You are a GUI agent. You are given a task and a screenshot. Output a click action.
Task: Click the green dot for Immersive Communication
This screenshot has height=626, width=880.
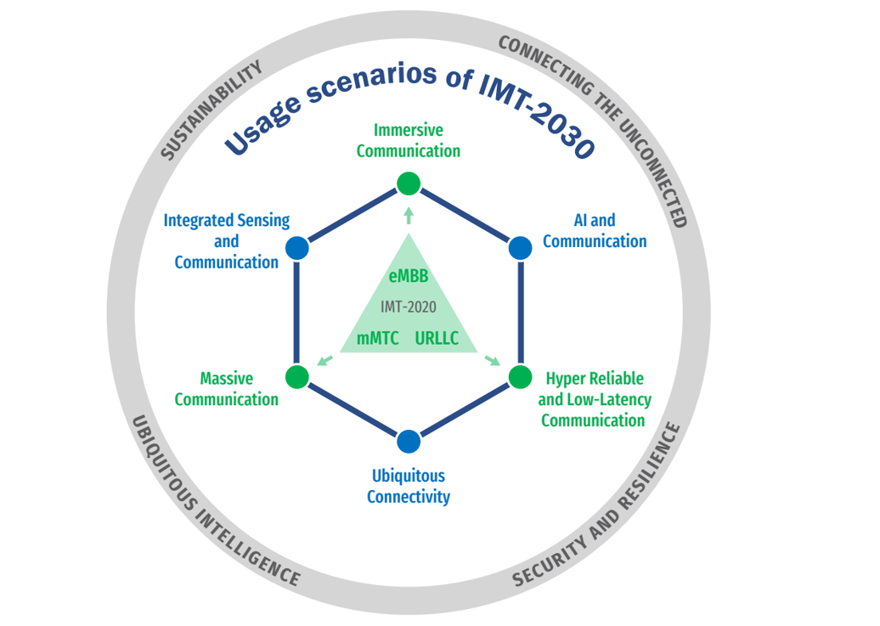click(x=409, y=183)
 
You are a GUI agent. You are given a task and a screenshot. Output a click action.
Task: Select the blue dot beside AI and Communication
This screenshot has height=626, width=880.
click(x=520, y=248)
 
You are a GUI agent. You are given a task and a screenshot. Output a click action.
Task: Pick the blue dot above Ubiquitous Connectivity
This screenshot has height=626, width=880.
click(x=409, y=442)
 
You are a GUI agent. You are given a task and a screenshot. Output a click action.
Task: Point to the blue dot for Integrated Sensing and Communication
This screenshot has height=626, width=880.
click(x=297, y=248)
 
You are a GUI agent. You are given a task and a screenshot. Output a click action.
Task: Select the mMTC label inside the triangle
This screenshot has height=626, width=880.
click(x=378, y=338)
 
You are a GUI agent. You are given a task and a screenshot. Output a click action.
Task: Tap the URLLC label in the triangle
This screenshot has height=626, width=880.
click(x=437, y=338)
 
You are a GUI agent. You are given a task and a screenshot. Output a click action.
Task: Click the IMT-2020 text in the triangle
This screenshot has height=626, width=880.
click(x=409, y=307)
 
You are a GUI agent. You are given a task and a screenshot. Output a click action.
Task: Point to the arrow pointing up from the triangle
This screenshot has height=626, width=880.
click(x=409, y=214)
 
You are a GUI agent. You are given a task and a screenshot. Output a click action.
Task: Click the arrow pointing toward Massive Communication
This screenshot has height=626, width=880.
click(x=324, y=361)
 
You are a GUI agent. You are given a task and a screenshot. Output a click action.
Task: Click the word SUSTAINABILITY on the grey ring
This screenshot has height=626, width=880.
click(x=212, y=110)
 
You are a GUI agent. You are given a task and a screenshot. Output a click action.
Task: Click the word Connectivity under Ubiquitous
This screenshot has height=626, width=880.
click(x=409, y=497)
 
